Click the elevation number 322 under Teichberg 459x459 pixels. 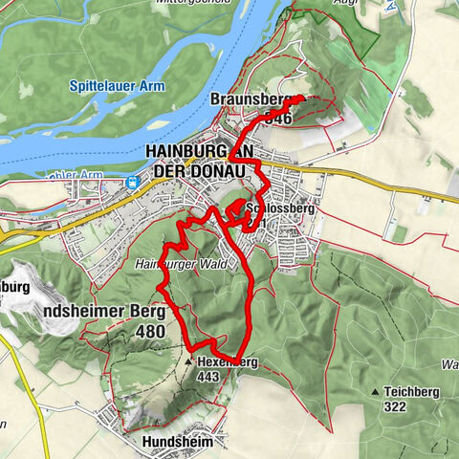click(393, 406)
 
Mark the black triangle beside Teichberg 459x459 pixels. click(375, 392)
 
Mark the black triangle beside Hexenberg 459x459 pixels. click(189, 363)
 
